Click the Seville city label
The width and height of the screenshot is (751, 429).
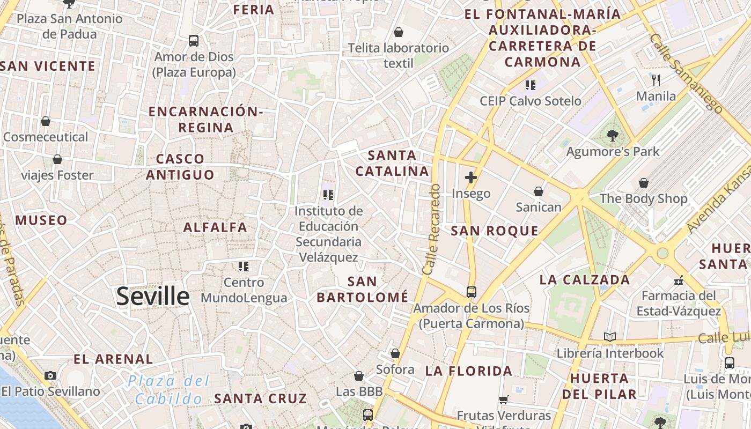(x=153, y=296)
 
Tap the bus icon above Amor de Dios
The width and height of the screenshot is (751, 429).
(x=194, y=40)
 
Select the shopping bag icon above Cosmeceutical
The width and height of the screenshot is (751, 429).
(x=46, y=121)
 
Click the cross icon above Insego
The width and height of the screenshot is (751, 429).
(x=471, y=177)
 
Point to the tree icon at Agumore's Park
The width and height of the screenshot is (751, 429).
(x=613, y=136)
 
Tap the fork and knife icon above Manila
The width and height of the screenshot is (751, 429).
(x=656, y=80)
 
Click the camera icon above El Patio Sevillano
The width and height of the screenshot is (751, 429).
(x=50, y=375)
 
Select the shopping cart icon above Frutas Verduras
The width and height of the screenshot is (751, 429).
(x=503, y=400)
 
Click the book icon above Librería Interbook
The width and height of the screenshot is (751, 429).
(x=609, y=337)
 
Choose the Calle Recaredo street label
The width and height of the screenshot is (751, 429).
(x=432, y=230)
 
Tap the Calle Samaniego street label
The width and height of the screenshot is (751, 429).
(x=686, y=72)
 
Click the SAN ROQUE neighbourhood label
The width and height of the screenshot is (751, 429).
(x=495, y=231)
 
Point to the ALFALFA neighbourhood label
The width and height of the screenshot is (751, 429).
(x=215, y=227)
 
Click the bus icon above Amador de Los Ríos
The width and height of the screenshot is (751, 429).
(x=471, y=292)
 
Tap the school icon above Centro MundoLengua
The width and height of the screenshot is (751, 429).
(x=244, y=266)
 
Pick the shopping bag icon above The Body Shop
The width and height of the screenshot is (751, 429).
(x=643, y=183)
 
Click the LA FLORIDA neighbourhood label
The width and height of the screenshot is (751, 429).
(x=469, y=371)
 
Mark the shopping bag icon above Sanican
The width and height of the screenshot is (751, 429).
(x=539, y=191)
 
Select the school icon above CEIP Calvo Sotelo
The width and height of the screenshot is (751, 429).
(x=531, y=85)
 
